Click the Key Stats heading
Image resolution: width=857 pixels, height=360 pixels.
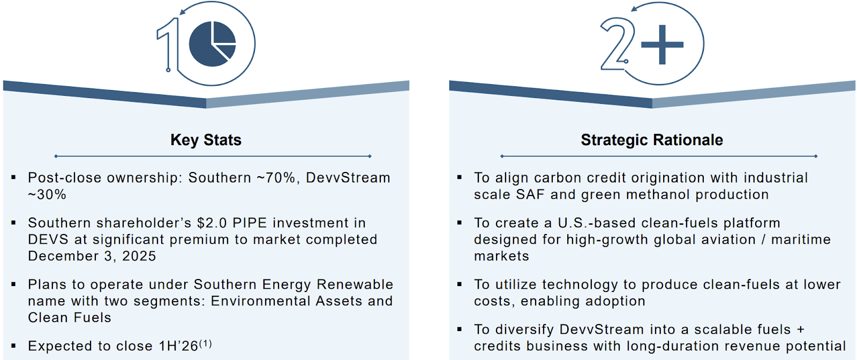[206, 140]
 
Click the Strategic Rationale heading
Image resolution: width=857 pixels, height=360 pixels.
[652, 140]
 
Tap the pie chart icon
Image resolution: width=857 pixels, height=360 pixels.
[212, 43]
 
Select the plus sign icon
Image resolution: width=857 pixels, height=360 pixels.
[662, 45]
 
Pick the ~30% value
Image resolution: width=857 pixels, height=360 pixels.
[47, 194]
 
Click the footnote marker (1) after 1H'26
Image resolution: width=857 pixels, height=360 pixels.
[205, 343]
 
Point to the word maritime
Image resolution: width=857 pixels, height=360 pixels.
[801, 239]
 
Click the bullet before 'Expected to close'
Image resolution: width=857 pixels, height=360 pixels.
[14, 346]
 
